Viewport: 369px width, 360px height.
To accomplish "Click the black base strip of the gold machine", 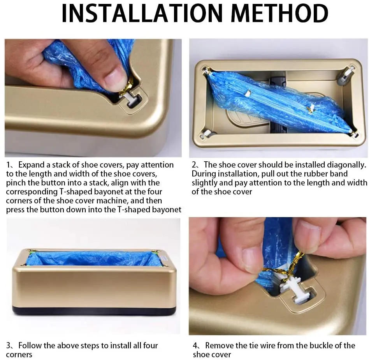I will [x=94, y=311].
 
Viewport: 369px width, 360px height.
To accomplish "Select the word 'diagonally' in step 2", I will [x=346, y=165].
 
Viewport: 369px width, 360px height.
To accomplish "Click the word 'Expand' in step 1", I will [x=31, y=165].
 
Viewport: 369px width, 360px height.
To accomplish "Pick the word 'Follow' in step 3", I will [x=30, y=346].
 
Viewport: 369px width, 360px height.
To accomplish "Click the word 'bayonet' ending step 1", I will [x=167, y=210].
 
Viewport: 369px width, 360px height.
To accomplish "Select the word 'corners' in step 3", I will [x=19, y=355].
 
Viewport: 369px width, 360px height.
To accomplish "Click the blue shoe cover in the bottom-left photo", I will [x=93, y=259].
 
